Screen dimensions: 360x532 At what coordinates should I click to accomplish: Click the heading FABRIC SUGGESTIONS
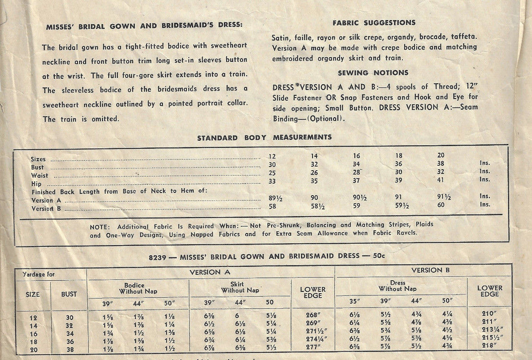pos(374,23)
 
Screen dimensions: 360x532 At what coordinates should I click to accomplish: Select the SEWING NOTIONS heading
pos(373,73)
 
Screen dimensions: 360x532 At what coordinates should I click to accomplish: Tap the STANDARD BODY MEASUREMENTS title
pos(264,138)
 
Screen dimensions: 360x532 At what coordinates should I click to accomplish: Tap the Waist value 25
pos(272,172)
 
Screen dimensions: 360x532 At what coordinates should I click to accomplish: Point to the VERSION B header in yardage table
pos(426,270)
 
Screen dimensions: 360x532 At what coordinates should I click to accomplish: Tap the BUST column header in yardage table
pos(69,294)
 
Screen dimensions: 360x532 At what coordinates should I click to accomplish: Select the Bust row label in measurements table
pos(37,168)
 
